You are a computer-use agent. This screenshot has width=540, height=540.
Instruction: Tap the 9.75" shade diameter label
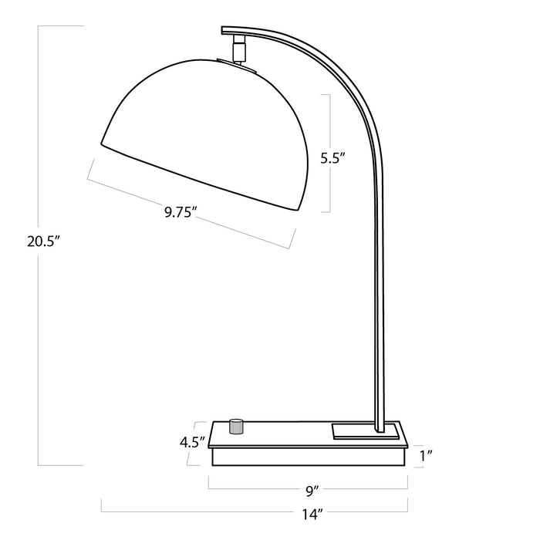(x=182, y=211)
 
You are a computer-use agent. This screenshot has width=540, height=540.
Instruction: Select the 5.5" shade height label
(x=332, y=160)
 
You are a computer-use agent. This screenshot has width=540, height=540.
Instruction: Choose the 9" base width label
(x=312, y=488)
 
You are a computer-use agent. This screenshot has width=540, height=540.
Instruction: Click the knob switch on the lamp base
(x=238, y=426)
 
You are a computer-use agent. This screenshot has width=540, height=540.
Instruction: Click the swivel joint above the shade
(x=241, y=49)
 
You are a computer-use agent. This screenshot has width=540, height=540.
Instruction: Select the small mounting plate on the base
(x=366, y=430)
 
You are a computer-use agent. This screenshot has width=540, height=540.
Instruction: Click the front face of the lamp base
(x=309, y=457)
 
